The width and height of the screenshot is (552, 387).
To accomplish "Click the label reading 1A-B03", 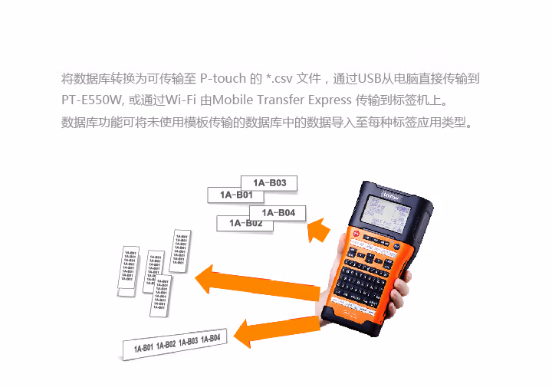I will click(x=269, y=183).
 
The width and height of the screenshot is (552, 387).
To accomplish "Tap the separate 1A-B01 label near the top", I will click(x=236, y=195).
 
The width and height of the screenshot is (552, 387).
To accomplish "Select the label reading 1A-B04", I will click(x=278, y=212).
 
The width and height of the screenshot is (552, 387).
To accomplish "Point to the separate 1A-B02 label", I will click(x=245, y=223).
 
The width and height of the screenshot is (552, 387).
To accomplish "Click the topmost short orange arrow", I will click(x=319, y=229).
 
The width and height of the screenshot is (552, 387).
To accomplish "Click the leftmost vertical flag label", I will click(x=129, y=267).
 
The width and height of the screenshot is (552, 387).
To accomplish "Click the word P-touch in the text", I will click(x=223, y=79).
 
